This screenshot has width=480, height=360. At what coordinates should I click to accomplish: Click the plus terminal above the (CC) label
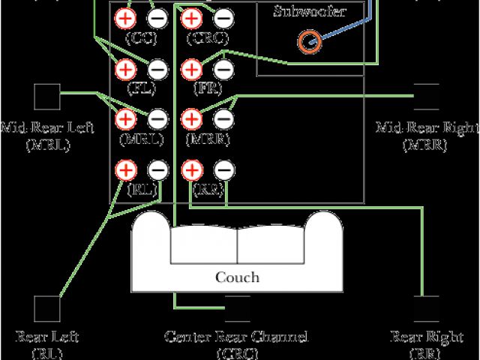(x=125, y=19)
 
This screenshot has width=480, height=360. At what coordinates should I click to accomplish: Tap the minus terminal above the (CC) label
(x=157, y=19)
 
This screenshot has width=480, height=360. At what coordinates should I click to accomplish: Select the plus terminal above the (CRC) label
(x=191, y=19)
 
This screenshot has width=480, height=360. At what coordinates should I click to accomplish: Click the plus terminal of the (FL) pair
(x=125, y=69)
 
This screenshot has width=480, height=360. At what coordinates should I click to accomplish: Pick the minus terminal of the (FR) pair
(x=223, y=69)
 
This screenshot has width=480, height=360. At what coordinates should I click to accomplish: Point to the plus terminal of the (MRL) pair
(x=125, y=118)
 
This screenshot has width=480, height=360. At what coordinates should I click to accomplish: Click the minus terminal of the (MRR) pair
(x=223, y=118)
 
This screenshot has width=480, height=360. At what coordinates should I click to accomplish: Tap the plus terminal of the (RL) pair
(x=125, y=169)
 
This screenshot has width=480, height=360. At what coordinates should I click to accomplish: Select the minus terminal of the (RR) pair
(x=223, y=169)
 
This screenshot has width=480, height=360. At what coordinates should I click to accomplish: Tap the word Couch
(x=237, y=277)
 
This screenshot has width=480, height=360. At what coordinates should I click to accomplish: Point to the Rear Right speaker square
(x=427, y=309)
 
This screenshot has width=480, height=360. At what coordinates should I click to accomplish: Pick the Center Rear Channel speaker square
(x=238, y=308)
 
